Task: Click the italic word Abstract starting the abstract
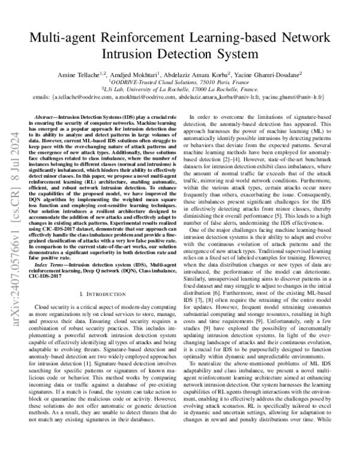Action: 43,115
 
